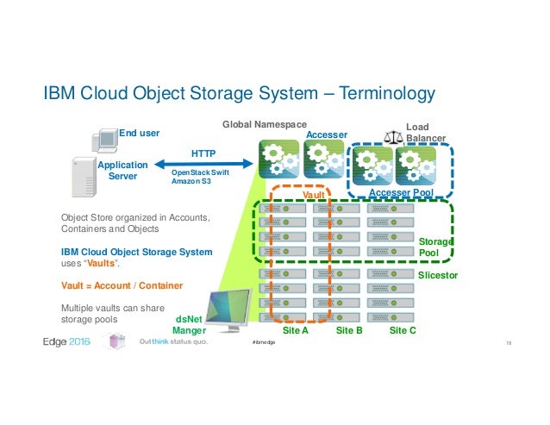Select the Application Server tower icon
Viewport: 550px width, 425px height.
click(x=84, y=174)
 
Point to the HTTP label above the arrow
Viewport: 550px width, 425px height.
click(x=203, y=153)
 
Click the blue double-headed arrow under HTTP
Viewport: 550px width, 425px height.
click(x=203, y=163)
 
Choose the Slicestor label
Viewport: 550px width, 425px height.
click(x=438, y=275)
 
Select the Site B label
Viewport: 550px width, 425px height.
click(x=348, y=330)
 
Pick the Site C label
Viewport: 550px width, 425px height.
click(x=402, y=330)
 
